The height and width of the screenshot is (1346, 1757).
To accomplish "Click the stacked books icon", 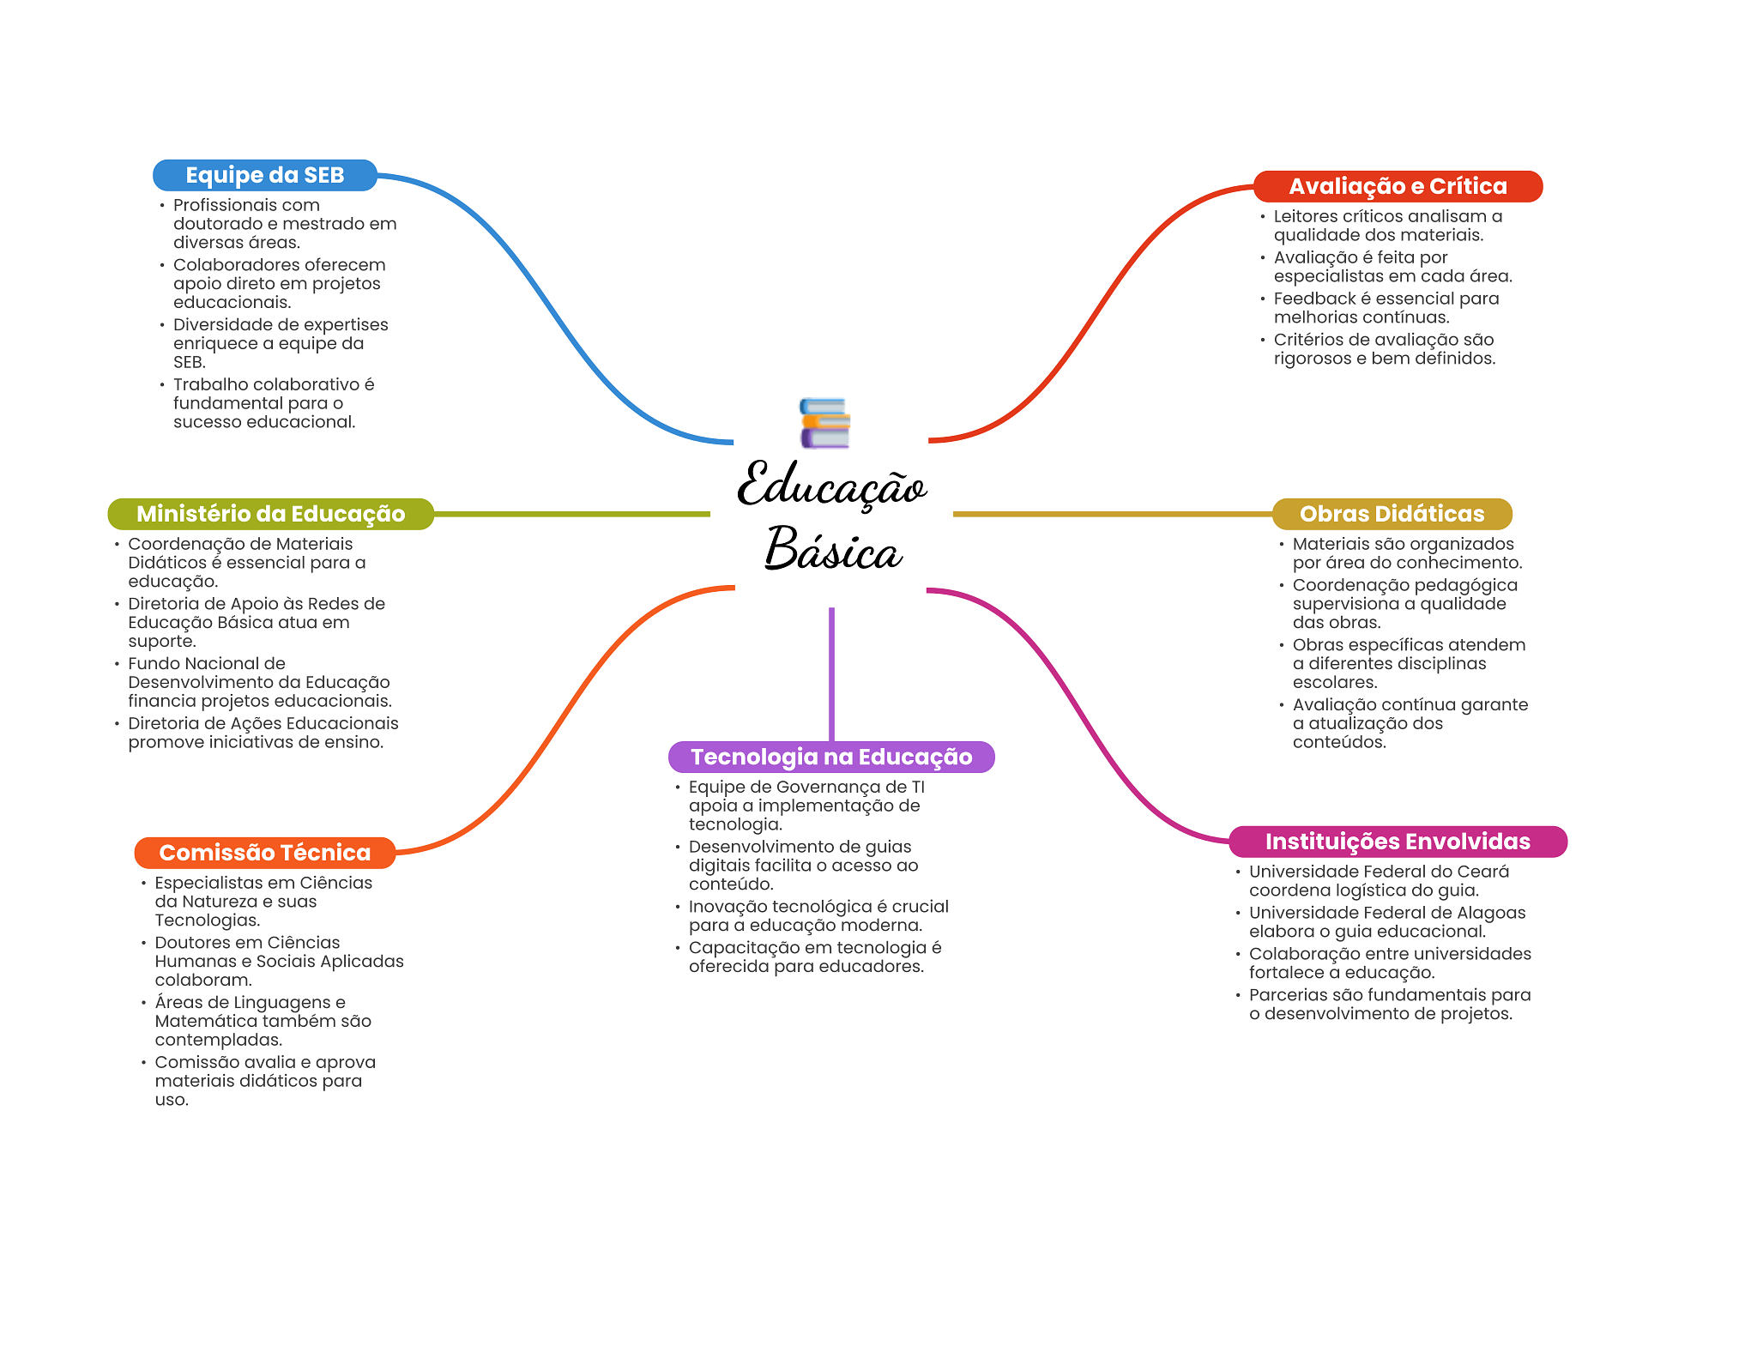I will coord(824,423).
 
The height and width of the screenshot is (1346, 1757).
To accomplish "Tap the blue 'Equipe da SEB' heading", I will coord(264,175).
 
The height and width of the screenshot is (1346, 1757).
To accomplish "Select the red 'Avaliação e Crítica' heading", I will coord(1397,186).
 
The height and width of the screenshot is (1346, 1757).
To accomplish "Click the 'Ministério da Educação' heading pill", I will coord(270,514).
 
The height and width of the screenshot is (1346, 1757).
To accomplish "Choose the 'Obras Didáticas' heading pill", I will coord(1391,514).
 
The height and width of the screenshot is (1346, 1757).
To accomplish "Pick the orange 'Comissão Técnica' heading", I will coord(264,853).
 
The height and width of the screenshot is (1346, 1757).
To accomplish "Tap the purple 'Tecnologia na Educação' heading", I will coord(830,757).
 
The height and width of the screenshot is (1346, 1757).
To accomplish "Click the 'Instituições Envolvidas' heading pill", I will coord(1397,842).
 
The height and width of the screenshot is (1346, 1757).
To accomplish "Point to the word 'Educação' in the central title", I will coord(830,486).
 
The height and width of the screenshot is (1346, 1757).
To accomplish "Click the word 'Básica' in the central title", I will coord(832,550).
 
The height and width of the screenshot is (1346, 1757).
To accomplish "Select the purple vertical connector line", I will coord(831,673).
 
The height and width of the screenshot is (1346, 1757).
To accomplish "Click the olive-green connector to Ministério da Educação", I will coord(571,514).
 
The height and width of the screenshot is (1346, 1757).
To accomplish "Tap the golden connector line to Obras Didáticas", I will coord(1112,514).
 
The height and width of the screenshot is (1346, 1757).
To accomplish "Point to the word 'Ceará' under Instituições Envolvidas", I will coord(1483,872).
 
